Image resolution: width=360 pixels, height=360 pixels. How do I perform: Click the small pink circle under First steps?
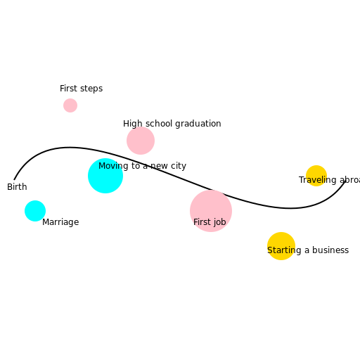pos(70,105)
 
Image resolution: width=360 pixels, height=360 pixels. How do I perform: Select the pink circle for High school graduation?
pos(141,141)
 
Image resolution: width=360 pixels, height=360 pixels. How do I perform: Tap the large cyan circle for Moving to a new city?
pos(105,176)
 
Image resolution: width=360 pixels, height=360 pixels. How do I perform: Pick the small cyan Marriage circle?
pos(35,211)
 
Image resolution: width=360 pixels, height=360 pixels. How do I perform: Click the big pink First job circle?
pos(211,211)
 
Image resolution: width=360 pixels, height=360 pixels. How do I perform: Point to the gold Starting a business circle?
pos(281,246)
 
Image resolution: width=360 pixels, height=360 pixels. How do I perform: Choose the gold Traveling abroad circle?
pos(316,175)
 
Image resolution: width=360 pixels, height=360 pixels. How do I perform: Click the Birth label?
pos(17,187)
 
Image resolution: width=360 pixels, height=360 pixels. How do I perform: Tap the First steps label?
pos(81,89)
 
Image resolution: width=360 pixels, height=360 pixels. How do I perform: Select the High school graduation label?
pos(172,124)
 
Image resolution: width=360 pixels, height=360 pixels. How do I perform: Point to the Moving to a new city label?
pos(142,166)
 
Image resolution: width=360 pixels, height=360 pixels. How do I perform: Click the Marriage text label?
pos(60,222)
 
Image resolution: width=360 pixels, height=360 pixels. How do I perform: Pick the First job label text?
pos(210,222)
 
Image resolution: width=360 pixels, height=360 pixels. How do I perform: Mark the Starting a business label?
pos(308,250)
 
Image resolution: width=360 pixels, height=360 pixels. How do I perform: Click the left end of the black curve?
pos(15,179)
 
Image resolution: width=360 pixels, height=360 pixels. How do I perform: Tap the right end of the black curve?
pos(345,183)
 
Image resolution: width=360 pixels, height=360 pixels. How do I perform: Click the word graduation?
pos(198,124)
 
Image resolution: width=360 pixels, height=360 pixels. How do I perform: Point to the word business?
pos(330,250)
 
